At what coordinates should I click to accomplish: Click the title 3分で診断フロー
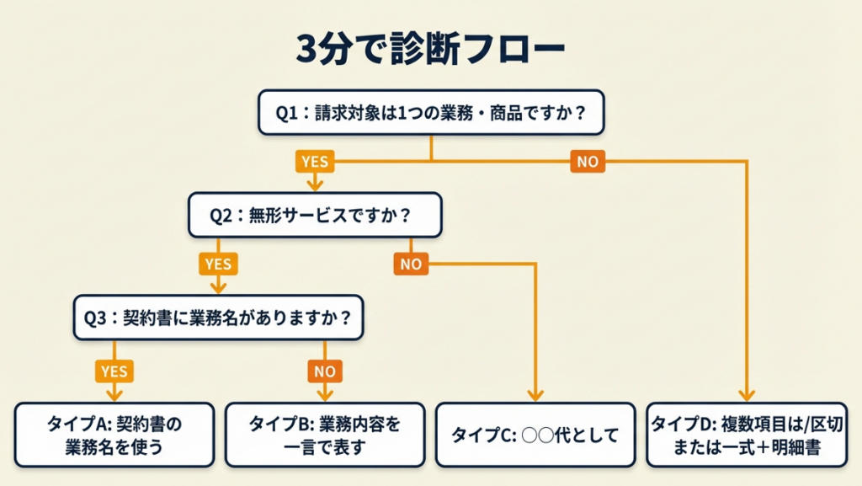(430, 50)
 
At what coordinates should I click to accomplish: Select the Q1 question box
(431, 112)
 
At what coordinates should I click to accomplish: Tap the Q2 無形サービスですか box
(315, 215)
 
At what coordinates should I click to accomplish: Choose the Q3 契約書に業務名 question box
(218, 318)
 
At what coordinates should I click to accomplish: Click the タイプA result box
(114, 435)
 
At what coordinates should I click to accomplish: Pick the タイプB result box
(325, 435)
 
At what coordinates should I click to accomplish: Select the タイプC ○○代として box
(535, 435)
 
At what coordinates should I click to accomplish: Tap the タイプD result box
(746, 435)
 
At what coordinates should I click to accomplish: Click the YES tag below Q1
(315, 161)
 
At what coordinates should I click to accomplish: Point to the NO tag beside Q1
(588, 161)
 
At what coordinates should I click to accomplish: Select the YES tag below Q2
(217, 264)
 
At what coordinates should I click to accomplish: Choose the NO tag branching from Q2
(411, 264)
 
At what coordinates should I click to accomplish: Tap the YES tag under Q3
(114, 370)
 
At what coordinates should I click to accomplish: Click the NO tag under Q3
(325, 370)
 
